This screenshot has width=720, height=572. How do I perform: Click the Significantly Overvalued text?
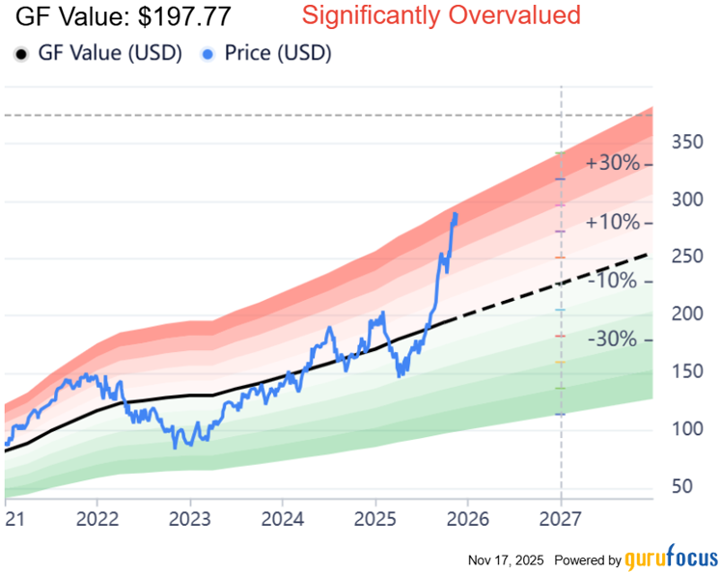click(x=441, y=15)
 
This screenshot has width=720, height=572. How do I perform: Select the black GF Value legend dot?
click(x=20, y=53)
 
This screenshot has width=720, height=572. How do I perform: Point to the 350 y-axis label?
click(x=687, y=143)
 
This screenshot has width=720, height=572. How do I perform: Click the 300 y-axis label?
click(x=687, y=200)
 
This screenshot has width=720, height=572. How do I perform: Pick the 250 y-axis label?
click(x=687, y=258)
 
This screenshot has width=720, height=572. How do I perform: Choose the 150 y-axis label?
click(x=687, y=372)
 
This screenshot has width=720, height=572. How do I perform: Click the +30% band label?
click(x=612, y=163)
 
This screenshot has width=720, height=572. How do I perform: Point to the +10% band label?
click(x=612, y=223)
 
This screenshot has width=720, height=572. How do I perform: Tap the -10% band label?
click(x=612, y=281)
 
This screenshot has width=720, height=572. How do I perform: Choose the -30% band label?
click(x=612, y=340)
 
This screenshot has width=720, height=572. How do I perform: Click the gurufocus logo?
click(x=671, y=558)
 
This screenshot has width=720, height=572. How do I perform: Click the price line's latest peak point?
click(x=455, y=214)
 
